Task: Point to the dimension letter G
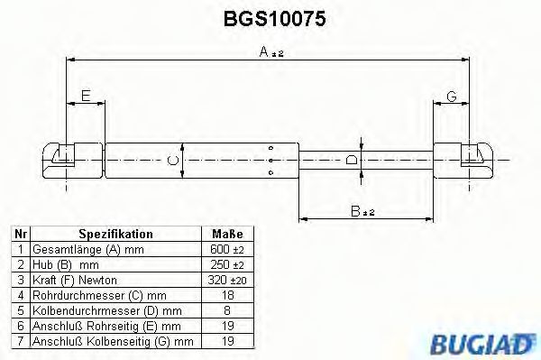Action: click(x=451, y=95)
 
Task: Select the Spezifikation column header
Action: click(x=115, y=234)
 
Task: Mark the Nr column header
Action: click(x=19, y=234)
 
